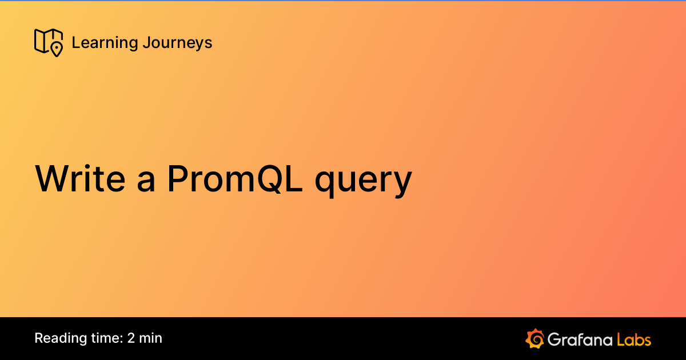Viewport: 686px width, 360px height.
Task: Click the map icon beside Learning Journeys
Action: tap(48, 42)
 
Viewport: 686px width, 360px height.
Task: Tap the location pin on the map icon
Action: tap(56, 49)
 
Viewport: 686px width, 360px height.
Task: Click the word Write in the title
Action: tap(81, 179)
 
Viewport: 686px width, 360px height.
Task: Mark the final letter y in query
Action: tap(401, 185)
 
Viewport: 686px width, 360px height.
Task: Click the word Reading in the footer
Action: tap(59, 338)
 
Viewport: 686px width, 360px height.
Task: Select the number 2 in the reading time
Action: tap(131, 338)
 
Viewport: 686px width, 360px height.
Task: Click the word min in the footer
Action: tap(151, 338)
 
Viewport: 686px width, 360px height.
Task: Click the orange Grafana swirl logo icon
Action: tap(535, 338)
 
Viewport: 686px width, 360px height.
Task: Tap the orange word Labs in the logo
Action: tap(634, 339)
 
